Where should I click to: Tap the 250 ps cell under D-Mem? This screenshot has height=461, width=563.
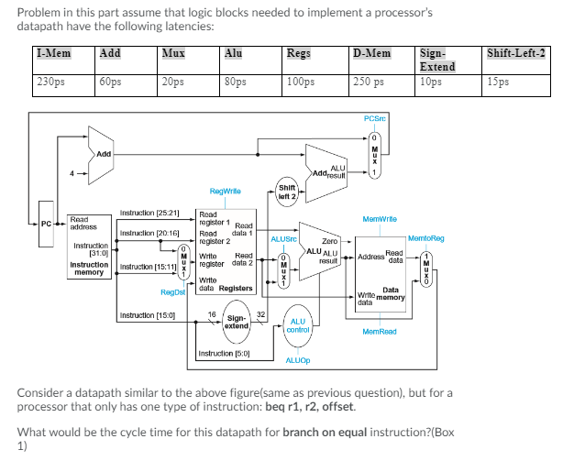click(372, 82)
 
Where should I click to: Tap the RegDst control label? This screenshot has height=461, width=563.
click(171, 292)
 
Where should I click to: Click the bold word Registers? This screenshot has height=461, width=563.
click(236, 288)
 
